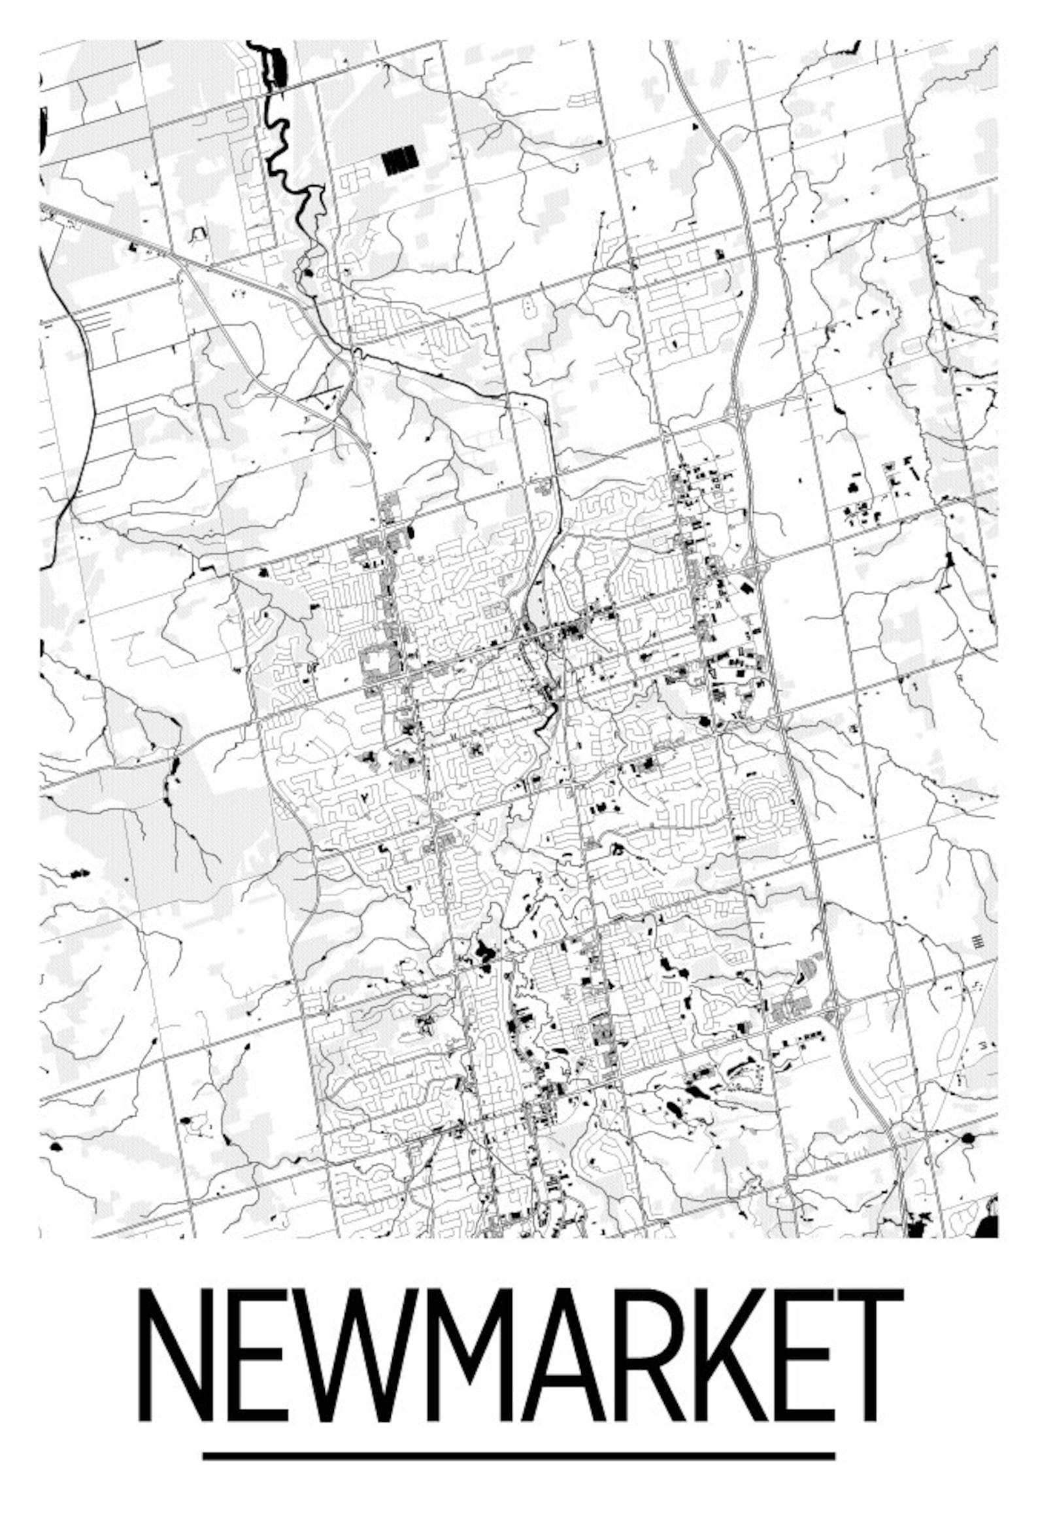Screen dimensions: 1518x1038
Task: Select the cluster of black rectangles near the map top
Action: (399, 160)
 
